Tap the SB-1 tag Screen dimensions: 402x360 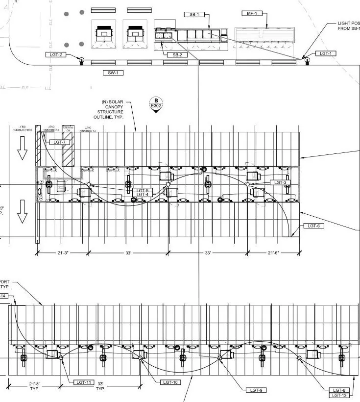coord(194,15)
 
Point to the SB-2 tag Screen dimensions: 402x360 coord(177,55)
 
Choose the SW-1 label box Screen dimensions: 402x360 coord(113,73)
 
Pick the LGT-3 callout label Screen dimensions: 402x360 coord(280,182)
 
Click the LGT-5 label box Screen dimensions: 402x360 coord(143,190)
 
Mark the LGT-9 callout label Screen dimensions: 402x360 coord(256,390)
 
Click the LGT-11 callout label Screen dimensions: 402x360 coord(83,382)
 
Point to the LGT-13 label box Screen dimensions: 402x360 coord(339,395)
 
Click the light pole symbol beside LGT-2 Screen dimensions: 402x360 coord(81,60)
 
